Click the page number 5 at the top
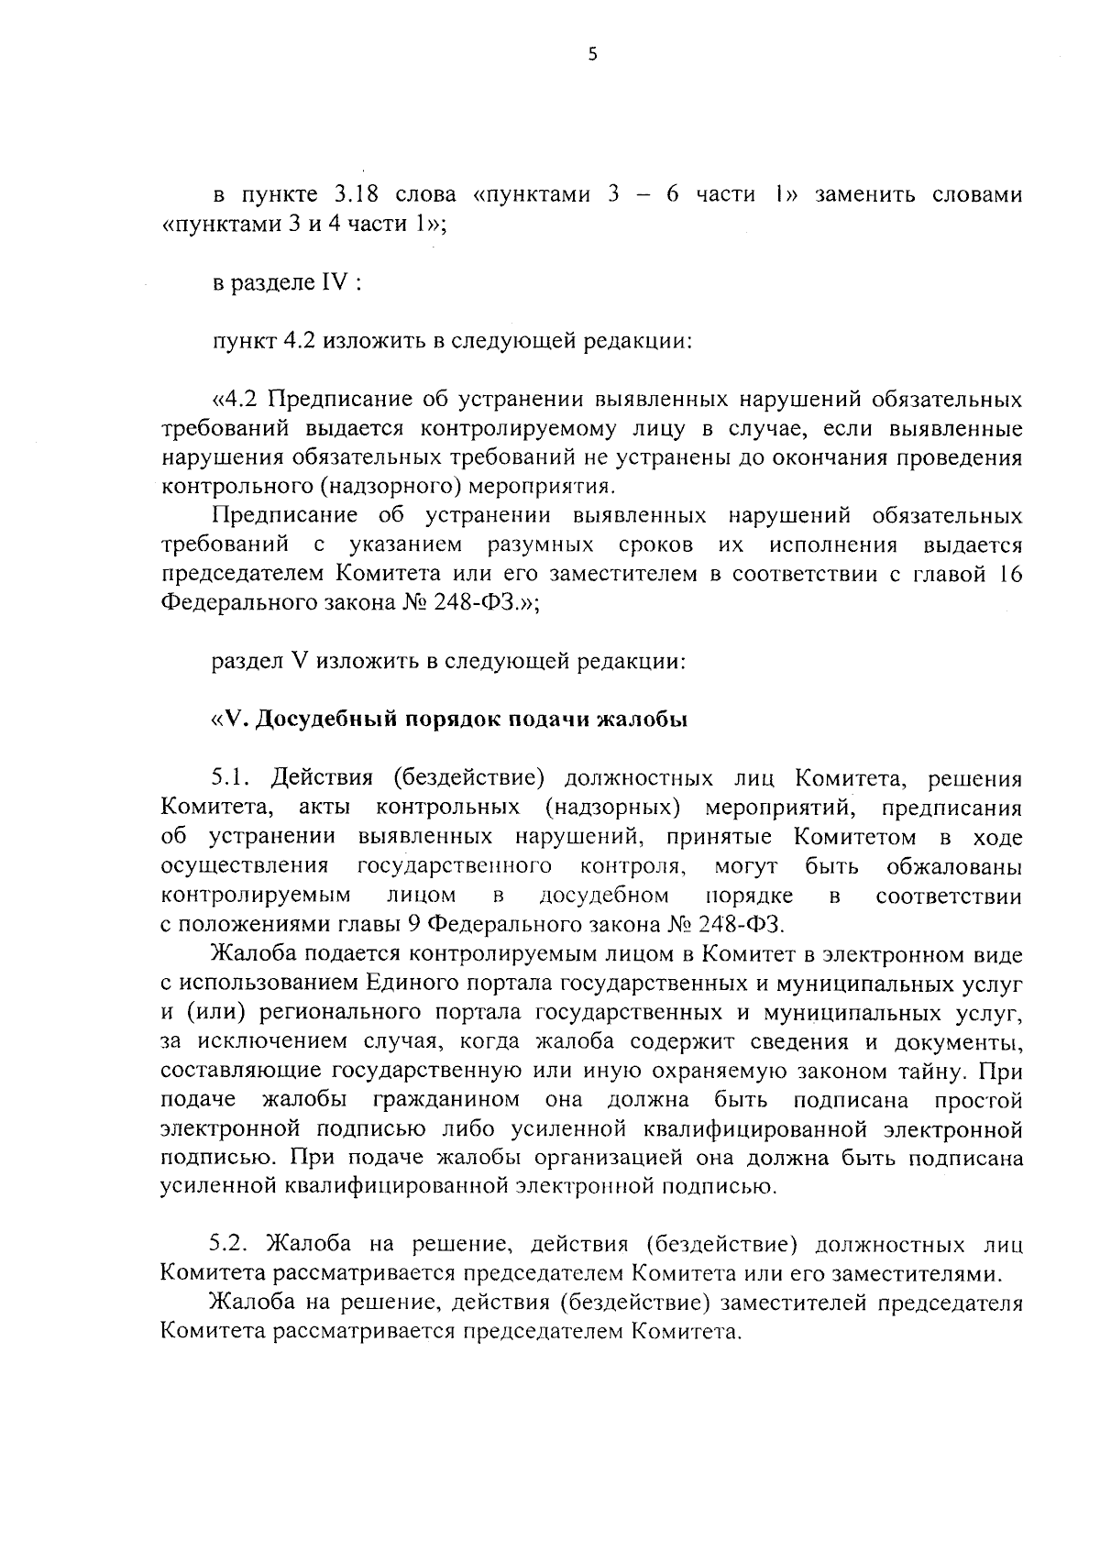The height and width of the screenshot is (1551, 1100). coord(592,55)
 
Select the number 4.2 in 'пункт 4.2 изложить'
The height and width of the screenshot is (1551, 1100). coord(300,341)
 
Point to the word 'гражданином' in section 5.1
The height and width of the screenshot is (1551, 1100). coord(447,1099)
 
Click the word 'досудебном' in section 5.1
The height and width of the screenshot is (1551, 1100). coord(604,896)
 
